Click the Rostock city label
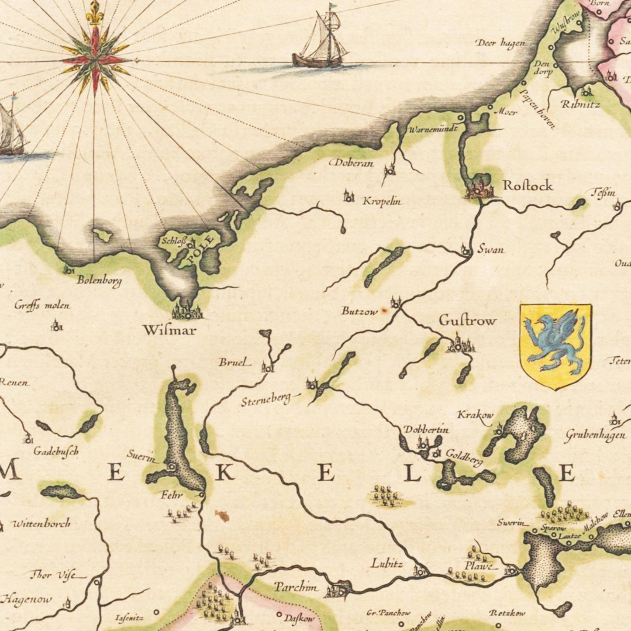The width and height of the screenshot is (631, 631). [x=528, y=186]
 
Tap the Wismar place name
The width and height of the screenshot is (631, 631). [x=169, y=330]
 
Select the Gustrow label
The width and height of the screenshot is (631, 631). [x=468, y=321]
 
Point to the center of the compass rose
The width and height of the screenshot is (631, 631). [x=95, y=60]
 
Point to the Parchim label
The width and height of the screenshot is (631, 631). [x=296, y=587]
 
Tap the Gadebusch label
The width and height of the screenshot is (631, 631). [x=55, y=452]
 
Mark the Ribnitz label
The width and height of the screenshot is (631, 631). [x=580, y=105]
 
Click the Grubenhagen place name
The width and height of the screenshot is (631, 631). [x=596, y=435]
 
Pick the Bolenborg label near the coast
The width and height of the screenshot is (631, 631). [x=99, y=280]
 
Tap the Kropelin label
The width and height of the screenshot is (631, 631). [x=382, y=202]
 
